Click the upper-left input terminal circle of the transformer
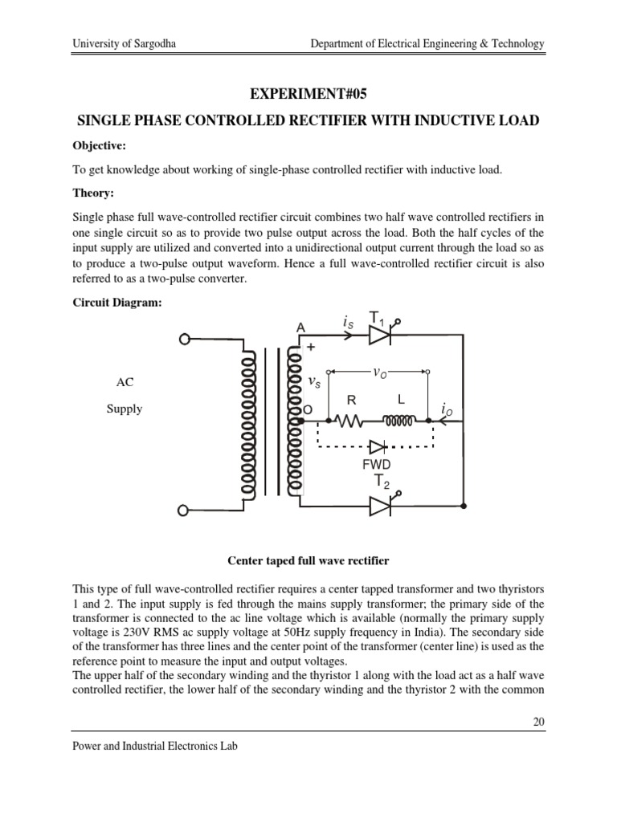(184, 339)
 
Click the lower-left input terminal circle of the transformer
(184, 509)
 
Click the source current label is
(347, 323)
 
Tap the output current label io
(447, 409)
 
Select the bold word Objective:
(101, 146)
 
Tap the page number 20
(539, 722)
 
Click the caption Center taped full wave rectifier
(308, 558)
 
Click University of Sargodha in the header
(119, 43)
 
